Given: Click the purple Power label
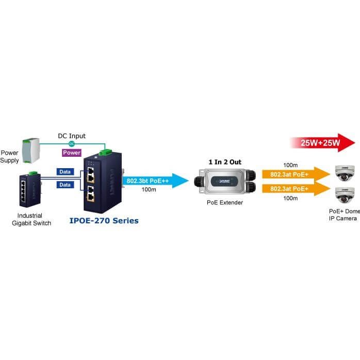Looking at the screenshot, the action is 72,153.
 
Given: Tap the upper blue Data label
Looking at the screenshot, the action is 65,172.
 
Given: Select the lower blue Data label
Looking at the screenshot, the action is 65,185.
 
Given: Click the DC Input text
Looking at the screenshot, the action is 72,136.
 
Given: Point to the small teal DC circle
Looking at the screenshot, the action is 72,144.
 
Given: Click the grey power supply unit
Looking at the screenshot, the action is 31,151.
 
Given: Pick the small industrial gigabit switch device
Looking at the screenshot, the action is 30,189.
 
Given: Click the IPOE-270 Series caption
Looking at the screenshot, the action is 104,221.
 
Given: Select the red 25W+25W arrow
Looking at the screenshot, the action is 322,142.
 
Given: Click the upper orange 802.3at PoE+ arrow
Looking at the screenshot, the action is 296,174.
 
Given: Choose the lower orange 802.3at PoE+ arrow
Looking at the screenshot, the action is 296,189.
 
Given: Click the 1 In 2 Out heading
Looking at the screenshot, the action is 225,162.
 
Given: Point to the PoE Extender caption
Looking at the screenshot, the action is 225,203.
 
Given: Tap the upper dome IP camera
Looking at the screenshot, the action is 343,173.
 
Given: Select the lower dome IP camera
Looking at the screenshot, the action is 343,195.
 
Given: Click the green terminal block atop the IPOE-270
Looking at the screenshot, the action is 105,152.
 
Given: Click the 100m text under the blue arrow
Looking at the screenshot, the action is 149,190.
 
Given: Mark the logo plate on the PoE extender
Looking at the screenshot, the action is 224,181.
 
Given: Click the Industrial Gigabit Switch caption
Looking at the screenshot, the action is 31,219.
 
